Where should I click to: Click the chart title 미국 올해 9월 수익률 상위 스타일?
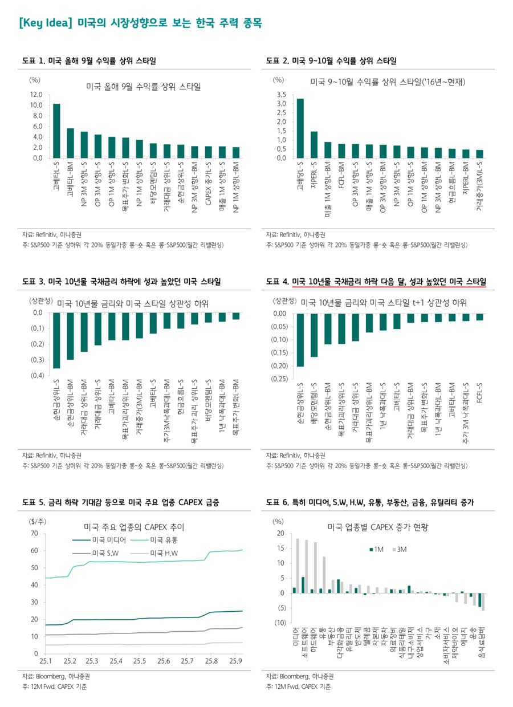point(143,87)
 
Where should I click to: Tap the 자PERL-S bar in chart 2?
point(313,144)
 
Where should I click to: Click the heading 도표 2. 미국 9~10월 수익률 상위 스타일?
point(331,60)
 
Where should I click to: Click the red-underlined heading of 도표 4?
point(389,282)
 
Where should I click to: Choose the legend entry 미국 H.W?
point(164,553)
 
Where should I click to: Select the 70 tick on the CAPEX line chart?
point(34,533)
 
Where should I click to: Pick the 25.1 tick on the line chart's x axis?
point(46,660)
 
